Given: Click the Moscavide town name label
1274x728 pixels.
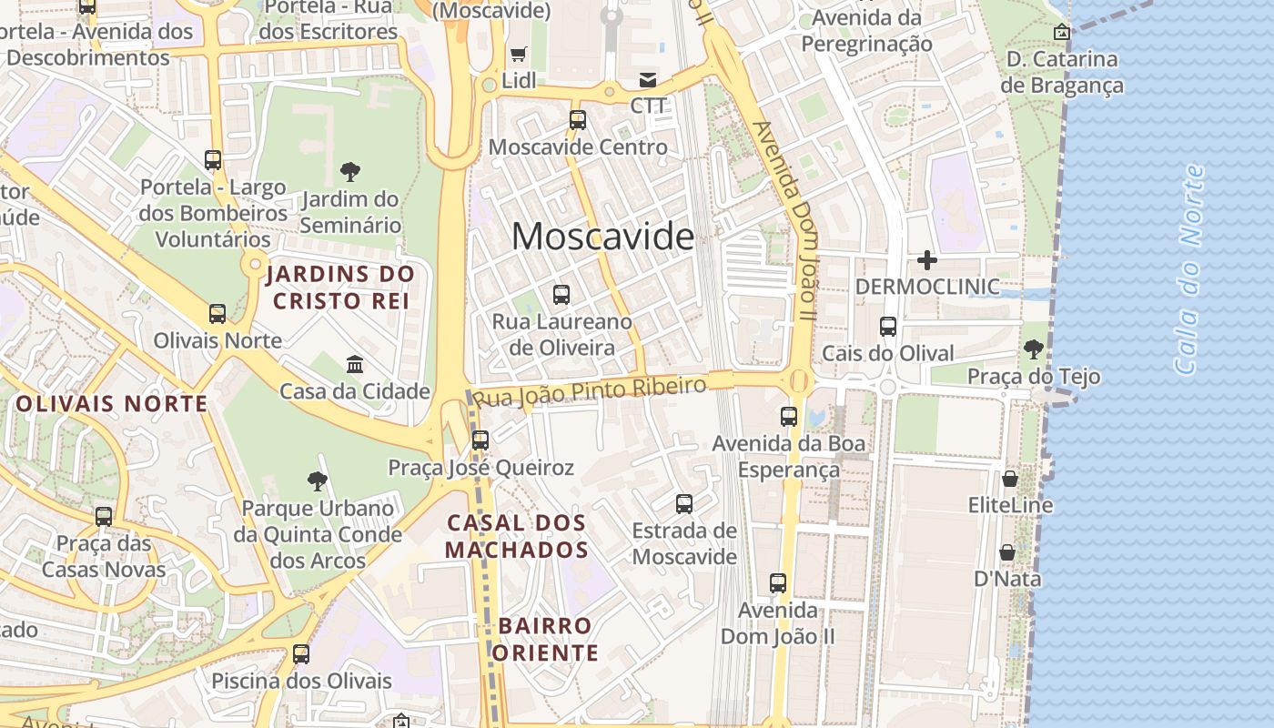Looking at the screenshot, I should pyautogui.click(x=602, y=237).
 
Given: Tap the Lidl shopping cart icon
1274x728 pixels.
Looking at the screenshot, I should pyautogui.click(x=519, y=54).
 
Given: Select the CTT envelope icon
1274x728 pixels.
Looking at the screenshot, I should pyautogui.click(x=648, y=79).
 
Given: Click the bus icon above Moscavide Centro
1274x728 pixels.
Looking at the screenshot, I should pyautogui.click(x=578, y=119).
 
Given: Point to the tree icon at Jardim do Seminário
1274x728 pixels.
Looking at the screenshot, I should pyautogui.click(x=349, y=171).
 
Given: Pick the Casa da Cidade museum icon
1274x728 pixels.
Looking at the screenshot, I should pyautogui.click(x=355, y=365).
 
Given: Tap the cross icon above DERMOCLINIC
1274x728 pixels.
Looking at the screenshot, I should pyautogui.click(x=927, y=260).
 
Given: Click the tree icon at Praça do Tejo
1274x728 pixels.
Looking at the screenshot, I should pyautogui.click(x=1033, y=349).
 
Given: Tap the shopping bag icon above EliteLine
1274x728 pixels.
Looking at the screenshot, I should pyautogui.click(x=1010, y=478).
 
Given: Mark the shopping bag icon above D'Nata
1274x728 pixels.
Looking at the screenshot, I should pyautogui.click(x=1007, y=552).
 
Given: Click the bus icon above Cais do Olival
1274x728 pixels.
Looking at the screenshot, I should pyautogui.click(x=888, y=326).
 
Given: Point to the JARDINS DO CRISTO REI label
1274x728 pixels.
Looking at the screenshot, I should pyautogui.click(x=340, y=287).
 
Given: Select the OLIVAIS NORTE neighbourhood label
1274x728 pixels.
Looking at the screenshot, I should pyautogui.click(x=112, y=403).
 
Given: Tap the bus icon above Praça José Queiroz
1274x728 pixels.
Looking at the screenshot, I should pyautogui.click(x=480, y=440).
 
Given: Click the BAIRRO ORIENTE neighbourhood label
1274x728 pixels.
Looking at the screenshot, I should pyautogui.click(x=545, y=639).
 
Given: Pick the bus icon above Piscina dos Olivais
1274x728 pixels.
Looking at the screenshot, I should pyautogui.click(x=301, y=653).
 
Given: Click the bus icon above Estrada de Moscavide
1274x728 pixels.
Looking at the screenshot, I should pyautogui.click(x=684, y=503).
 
